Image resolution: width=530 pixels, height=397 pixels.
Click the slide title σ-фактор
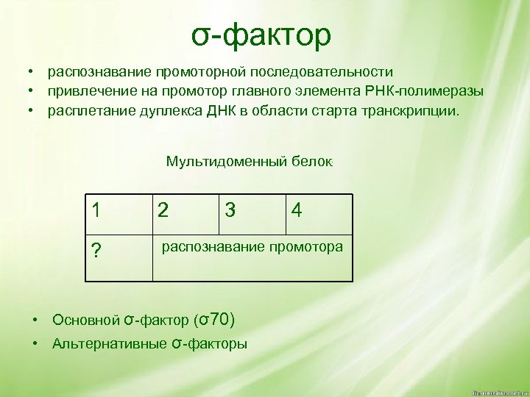(x=262, y=35)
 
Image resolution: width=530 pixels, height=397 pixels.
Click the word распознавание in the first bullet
(x=99, y=72)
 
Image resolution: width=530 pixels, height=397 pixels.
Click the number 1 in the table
(x=96, y=210)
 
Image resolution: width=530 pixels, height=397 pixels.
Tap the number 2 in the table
(x=163, y=211)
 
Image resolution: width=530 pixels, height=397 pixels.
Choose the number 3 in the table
(x=231, y=211)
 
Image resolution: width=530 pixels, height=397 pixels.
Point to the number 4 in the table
(x=297, y=211)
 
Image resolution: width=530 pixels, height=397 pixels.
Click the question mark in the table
(x=96, y=252)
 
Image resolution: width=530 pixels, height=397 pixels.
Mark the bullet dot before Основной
(x=35, y=320)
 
